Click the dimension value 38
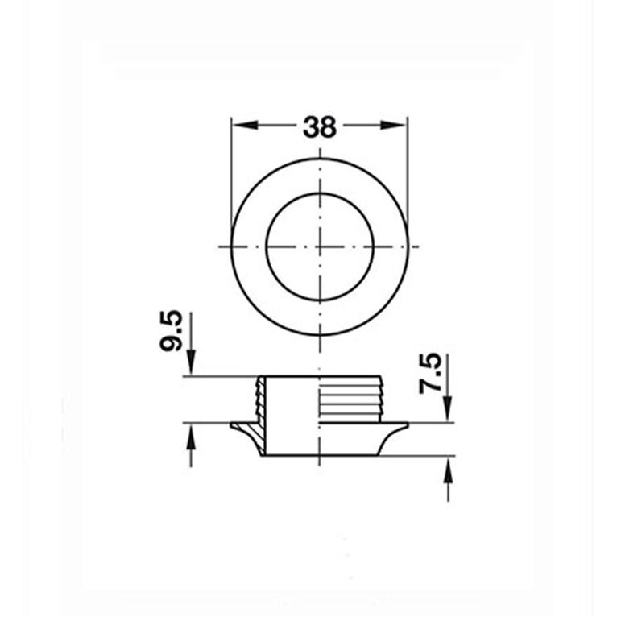pyautogui.click(x=319, y=126)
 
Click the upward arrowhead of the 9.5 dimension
pyautogui.click(x=192, y=435)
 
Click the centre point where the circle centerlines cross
pyautogui.click(x=320, y=245)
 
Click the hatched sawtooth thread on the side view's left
pyautogui.click(x=259, y=398)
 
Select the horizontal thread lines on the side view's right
pyautogui.click(x=350, y=398)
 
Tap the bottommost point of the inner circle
pyautogui.click(x=320, y=299)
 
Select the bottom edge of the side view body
pyautogui.click(x=320, y=457)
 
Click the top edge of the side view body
pyautogui.click(x=320, y=376)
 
